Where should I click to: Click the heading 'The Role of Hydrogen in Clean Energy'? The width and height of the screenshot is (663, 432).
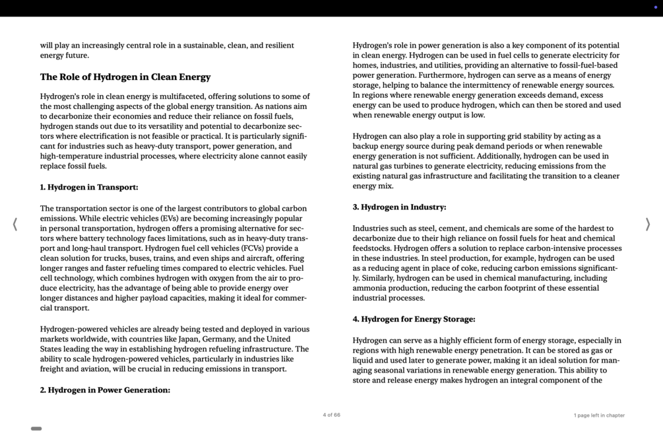coord(125,77)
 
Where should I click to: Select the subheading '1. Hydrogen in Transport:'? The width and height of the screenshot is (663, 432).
coord(89,188)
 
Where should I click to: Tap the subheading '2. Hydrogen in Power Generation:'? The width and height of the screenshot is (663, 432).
coord(105,390)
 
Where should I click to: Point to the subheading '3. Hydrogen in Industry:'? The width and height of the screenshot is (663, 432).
coord(399,207)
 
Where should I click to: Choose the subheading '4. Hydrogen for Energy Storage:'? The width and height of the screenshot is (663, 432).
coord(414,320)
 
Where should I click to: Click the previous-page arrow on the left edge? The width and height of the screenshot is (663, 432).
coord(15,225)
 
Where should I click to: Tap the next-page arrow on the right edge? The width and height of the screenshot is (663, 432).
coord(647,225)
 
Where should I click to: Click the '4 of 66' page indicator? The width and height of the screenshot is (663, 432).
coord(331,415)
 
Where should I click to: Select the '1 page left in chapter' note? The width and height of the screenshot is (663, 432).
coord(598,415)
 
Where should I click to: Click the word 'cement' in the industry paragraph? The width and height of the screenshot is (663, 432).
coord(451,229)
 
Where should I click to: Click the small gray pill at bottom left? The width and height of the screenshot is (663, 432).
coord(36,429)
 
